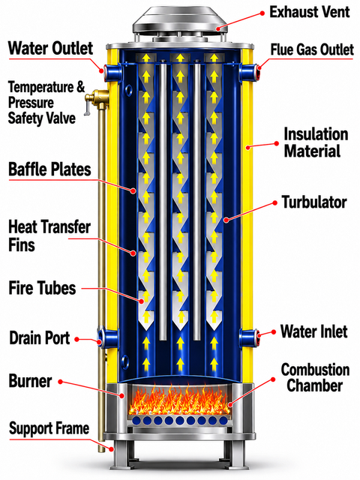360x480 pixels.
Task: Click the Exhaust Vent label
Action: [309, 12]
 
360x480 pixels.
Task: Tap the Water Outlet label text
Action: [50, 48]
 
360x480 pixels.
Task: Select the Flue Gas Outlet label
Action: [312, 50]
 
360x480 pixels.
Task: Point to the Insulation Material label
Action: [316, 142]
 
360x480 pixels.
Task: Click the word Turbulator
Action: [314, 202]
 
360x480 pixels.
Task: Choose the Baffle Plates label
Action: [49, 169]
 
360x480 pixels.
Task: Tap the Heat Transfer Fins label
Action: [49, 235]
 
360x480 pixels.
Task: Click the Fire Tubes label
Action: [42, 288]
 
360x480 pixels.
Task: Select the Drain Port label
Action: [40, 338]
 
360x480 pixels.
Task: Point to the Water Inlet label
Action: [313, 331]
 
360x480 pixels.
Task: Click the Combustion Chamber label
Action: [315, 377]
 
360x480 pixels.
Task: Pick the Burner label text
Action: [30, 381]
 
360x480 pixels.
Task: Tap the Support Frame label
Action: [49, 428]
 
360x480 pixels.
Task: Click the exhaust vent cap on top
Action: [180, 21]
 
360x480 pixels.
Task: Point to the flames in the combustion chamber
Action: [179, 400]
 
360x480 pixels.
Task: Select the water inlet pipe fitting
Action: [250, 338]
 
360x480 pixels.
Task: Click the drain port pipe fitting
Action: [108, 338]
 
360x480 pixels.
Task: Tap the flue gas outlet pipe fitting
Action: [250, 72]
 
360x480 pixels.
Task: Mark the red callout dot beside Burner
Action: [60, 382]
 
